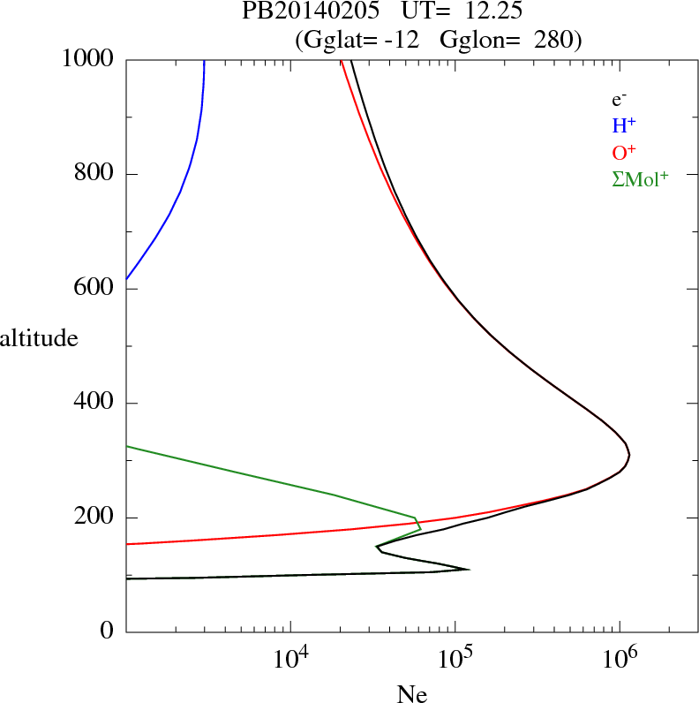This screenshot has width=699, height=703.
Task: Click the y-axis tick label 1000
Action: click(x=89, y=60)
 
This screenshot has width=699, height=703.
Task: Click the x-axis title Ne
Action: click(x=411, y=694)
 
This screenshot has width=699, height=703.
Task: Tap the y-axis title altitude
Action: click(x=39, y=338)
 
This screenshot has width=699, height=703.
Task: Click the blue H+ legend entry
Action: click(x=623, y=125)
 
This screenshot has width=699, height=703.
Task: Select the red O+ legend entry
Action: click(x=624, y=152)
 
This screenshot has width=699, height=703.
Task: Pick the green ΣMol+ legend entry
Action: click(x=639, y=179)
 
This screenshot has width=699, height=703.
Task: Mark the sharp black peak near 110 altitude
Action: click(x=468, y=569)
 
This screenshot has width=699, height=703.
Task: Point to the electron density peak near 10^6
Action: click(x=629, y=455)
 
